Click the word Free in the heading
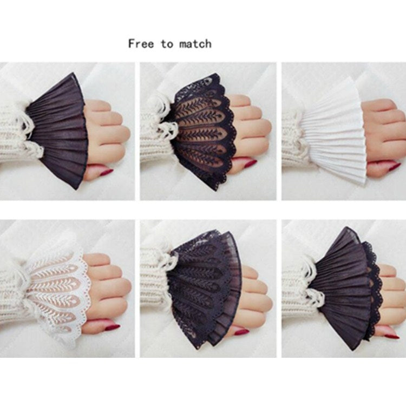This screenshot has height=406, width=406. [141, 43]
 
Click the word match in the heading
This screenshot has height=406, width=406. [195, 44]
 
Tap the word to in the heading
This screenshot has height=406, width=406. [167, 44]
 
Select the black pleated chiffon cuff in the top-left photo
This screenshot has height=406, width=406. [58, 131]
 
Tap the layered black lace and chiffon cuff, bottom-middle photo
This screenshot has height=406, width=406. [205, 287]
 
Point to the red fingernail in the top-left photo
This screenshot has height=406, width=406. [107, 172]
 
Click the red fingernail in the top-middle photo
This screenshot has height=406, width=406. [250, 163]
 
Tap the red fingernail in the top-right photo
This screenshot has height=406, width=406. [394, 167]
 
